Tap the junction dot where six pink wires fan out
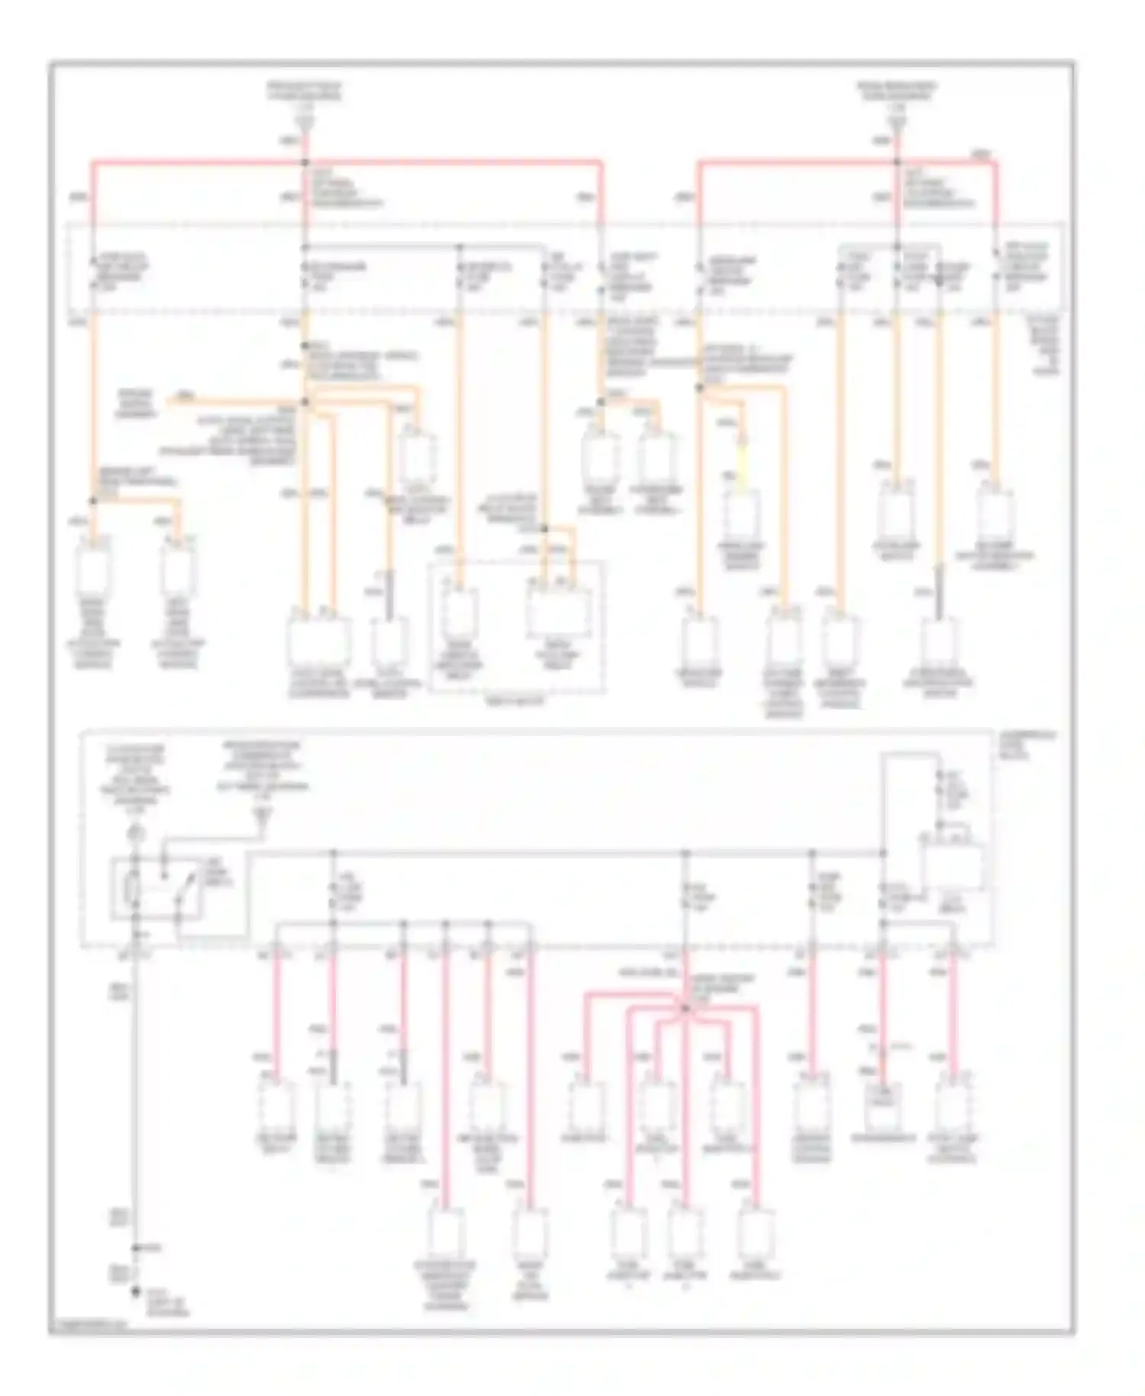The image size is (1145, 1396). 685,1008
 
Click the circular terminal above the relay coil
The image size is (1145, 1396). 135,831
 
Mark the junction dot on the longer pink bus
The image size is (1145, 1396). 305,162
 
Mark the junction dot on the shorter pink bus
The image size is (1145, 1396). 897,162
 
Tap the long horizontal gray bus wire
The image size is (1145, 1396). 565,852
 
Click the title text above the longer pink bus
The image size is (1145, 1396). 305,92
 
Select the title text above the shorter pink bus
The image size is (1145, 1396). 896,92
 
